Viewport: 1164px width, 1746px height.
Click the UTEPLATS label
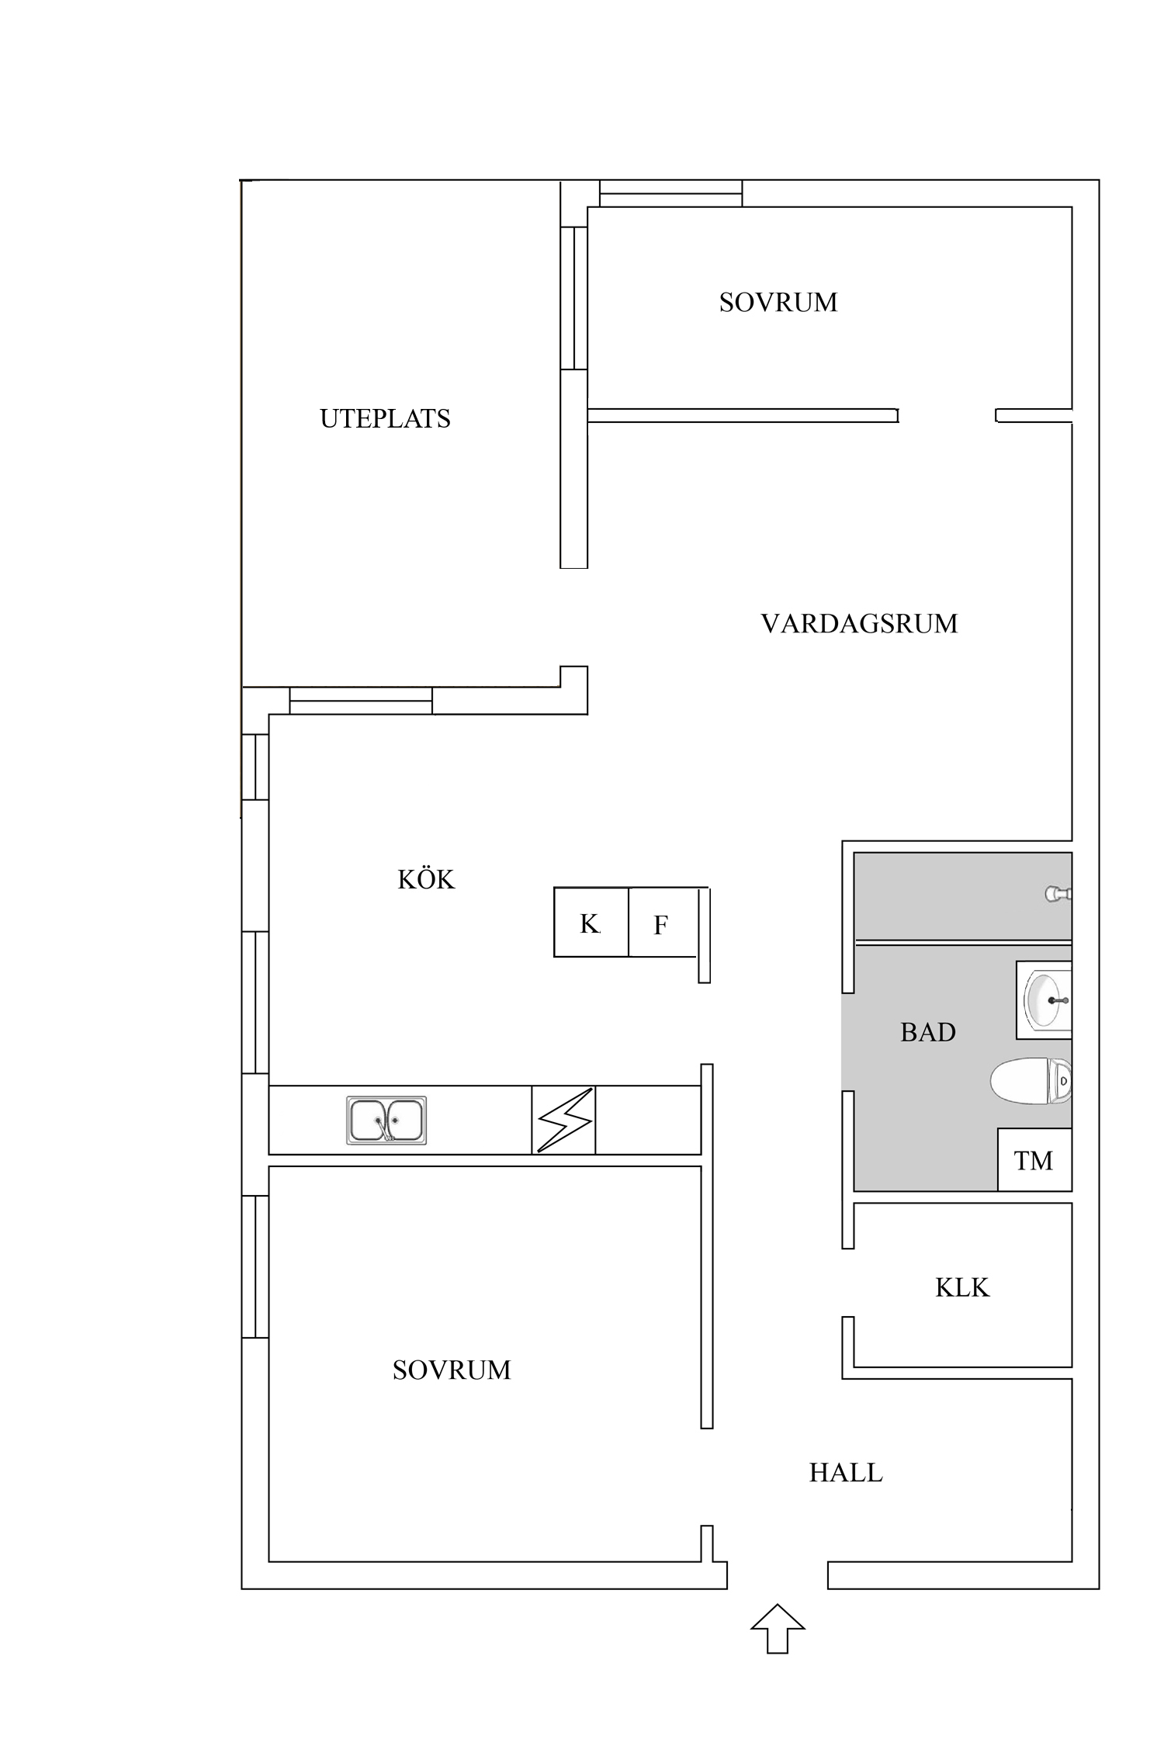(385, 419)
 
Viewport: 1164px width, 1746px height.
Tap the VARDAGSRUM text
(858, 624)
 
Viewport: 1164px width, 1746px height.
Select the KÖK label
(425, 879)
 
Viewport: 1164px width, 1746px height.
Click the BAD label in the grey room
(927, 1032)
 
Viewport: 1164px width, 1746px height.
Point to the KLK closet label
(961, 1288)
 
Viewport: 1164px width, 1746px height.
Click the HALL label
(845, 1473)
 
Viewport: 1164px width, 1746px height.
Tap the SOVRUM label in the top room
(778, 303)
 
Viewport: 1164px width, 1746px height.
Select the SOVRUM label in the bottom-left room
(451, 1370)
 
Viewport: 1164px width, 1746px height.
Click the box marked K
(591, 923)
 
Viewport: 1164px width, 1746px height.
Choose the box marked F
(661, 923)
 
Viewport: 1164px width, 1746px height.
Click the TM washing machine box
(1034, 1161)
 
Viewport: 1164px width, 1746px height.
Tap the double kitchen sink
(386, 1120)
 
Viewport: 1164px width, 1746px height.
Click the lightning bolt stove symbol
(564, 1121)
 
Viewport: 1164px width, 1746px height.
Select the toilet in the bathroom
(1031, 1080)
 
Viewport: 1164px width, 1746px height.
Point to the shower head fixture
(1057, 894)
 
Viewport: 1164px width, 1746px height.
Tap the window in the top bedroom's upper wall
(670, 193)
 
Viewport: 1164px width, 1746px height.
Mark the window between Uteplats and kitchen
(361, 700)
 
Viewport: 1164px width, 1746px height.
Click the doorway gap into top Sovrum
(947, 416)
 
